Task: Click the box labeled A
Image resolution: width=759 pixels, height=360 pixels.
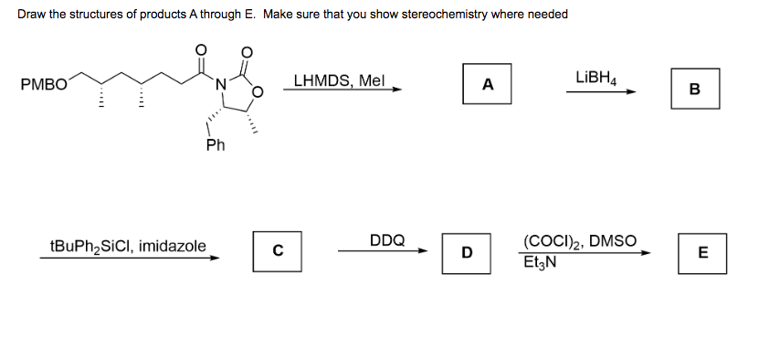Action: pos(487,85)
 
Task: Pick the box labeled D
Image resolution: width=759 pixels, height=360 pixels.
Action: pos(466,251)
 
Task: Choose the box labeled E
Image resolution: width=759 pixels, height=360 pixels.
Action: pos(701,252)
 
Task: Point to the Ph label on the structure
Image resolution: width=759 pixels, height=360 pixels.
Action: pos(215,145)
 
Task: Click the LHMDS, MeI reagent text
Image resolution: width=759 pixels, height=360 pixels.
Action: pos(341,80)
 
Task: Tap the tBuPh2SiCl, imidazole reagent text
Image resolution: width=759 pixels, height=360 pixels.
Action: pos(128,246)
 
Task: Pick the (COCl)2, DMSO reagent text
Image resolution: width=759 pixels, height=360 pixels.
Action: pos(581,242)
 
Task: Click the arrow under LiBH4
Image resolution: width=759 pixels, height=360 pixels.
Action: pos(598,91)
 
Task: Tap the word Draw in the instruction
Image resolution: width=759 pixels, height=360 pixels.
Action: pos(32,14)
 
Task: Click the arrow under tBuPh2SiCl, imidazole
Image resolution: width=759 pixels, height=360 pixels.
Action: pos(129,258)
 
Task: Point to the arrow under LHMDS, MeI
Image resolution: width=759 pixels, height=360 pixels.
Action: pos(343,90)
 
